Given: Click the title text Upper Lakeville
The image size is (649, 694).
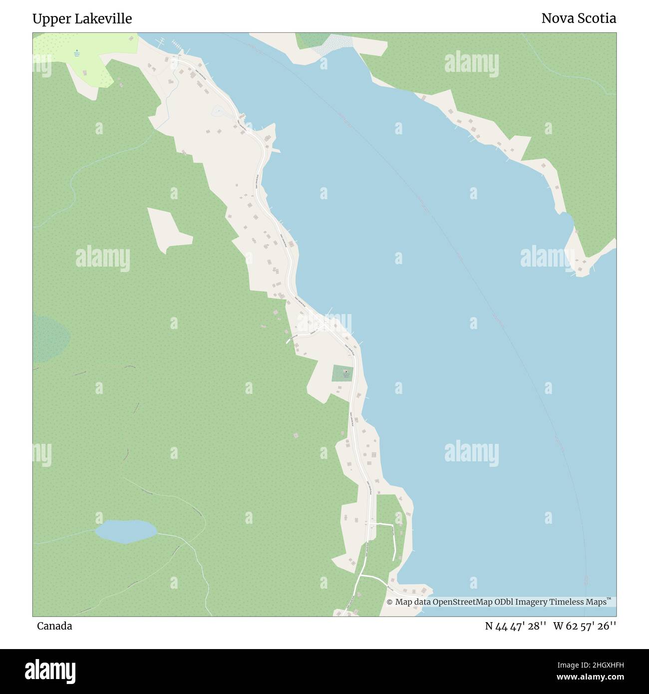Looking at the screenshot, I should point(82,19).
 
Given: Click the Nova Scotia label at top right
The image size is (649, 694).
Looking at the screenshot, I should point(579,19).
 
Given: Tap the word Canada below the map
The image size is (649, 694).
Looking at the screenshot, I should point(54,626).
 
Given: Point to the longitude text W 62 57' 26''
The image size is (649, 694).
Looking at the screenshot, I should point(584,626).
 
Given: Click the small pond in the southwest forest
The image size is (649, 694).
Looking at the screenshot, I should point(126,531).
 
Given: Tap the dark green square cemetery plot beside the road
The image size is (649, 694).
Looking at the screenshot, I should point(342,373).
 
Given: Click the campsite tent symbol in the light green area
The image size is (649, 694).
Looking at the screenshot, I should point(76,51).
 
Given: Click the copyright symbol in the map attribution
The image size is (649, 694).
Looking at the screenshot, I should point(390,602).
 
